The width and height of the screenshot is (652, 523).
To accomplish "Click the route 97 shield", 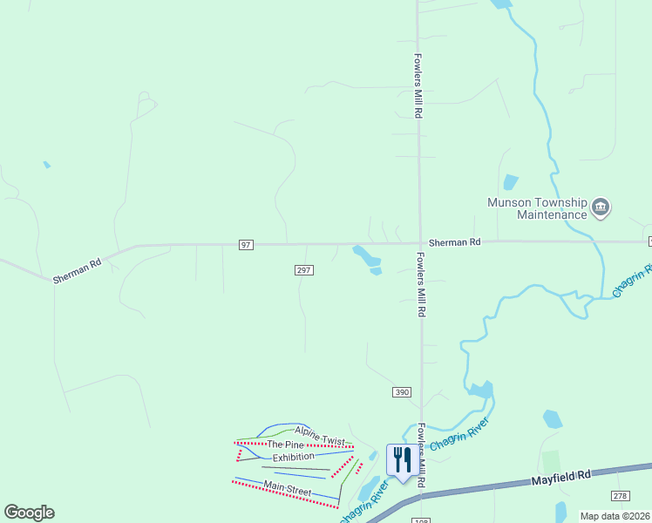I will [247, 245].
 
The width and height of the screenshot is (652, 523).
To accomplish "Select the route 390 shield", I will [401, 393].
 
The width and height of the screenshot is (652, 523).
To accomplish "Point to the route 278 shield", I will [620, 496].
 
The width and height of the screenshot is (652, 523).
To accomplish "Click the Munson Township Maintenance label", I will [537, 207].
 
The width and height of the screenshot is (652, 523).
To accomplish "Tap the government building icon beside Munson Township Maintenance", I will [601, 207].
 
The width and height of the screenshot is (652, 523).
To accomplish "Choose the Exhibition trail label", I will [293, 458].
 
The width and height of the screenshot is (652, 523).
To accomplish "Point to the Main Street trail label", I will [288, 489].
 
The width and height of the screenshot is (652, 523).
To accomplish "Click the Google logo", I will [29, 512].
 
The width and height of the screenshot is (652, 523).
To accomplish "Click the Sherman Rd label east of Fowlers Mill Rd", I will [454, 241].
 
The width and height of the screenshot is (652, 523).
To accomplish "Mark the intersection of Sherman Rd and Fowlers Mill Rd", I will [419, 243].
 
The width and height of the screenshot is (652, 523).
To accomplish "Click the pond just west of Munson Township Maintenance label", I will [510, 182].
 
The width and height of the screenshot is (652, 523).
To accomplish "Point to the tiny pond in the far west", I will [46, 164].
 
